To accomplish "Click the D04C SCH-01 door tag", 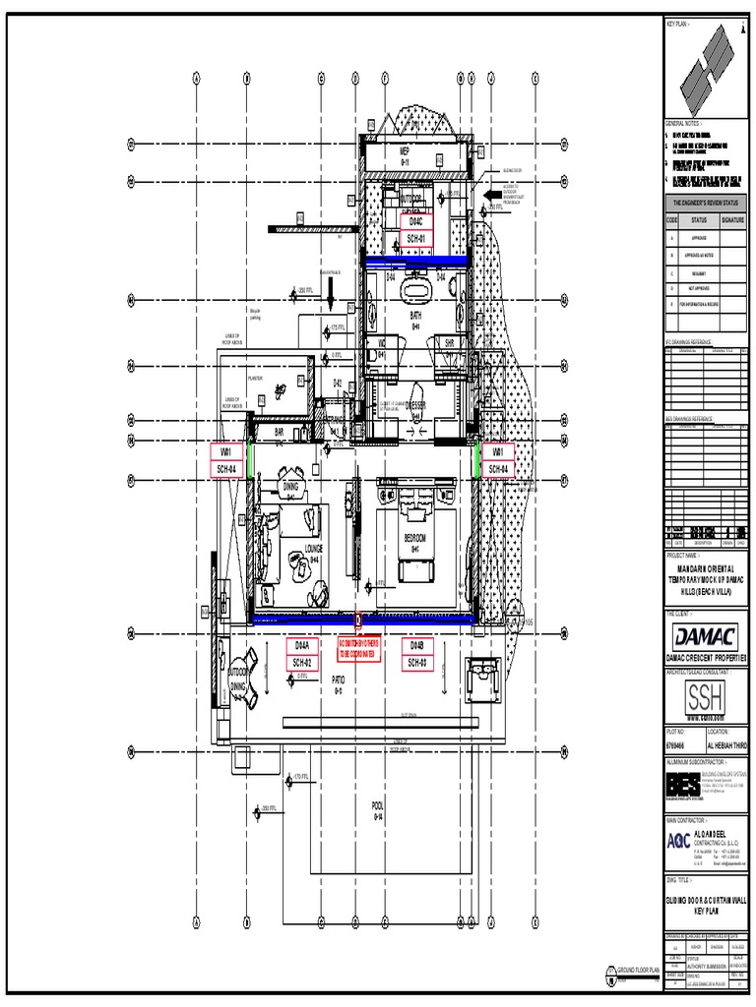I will pos(415,230).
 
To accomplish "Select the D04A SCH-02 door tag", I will pos(302,654).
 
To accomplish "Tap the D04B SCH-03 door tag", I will pos(415,654).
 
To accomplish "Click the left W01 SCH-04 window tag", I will pos(226,460).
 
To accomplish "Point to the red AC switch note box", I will pos(357,649).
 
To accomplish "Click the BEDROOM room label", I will pos(414,540).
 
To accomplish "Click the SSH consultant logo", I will pos(706,699).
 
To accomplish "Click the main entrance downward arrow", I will pos(333,291).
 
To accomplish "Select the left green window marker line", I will pos(250,460).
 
